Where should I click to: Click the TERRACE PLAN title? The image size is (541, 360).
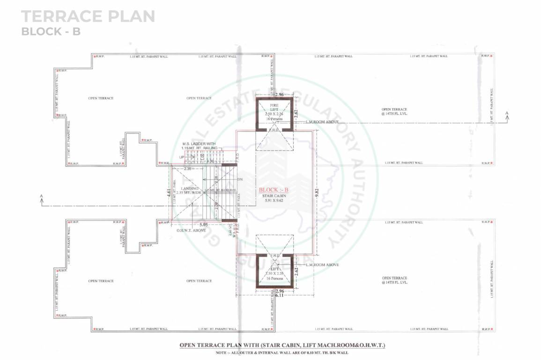(88, 16)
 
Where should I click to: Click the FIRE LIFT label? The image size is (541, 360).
(274, 108)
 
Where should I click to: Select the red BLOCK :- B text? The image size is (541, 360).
(274, 190)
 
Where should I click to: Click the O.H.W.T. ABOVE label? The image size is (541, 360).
(191, 230)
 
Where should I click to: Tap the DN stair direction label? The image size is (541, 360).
(240, 180)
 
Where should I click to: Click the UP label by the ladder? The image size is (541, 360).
(182, 157)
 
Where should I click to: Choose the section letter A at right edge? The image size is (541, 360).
(506, 113)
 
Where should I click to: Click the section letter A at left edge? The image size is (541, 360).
(42, 196)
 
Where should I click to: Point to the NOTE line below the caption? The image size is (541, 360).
(282, 352)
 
